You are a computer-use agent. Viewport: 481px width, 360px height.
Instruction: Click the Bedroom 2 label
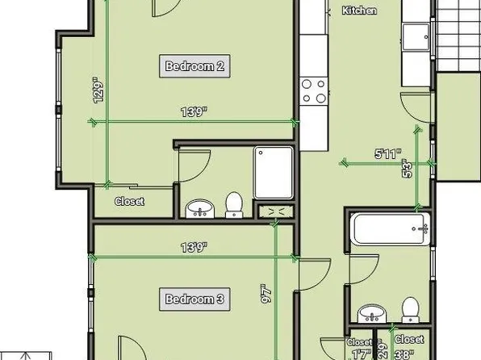click(194, 66)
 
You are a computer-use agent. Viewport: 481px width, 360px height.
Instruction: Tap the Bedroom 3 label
click(194, 299)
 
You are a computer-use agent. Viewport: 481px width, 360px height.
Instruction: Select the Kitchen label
click(359, 10)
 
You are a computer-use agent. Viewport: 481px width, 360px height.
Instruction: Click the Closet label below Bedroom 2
click(129, 201)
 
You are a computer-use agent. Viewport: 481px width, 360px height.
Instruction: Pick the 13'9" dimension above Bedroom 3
click(194, 247)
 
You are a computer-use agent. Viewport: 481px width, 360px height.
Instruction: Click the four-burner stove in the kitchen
click(313, 90)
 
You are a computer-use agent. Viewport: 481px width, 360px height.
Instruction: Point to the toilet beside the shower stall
click(234, 206)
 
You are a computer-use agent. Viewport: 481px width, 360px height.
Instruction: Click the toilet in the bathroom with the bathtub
click(409, 309)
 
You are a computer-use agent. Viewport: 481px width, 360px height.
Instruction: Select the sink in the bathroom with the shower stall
click(199, 210)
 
